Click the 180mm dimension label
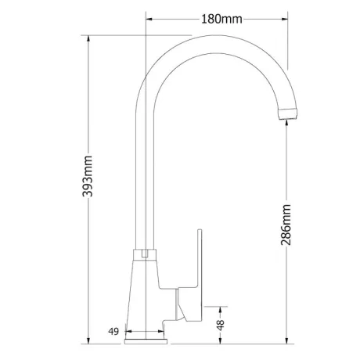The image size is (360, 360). (x=221, y=19)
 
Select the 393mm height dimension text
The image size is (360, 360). (x=88, y=176)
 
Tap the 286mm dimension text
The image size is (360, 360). (x=286, y=225)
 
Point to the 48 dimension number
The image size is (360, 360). (x=221, y=325)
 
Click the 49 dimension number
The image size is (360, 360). (x=113, y=332)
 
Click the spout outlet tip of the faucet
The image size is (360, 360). (x=288, y=113)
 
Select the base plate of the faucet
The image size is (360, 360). (x=146, y=341)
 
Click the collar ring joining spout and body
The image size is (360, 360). (x=145, y=254)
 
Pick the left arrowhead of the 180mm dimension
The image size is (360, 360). (x=149, y=19)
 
